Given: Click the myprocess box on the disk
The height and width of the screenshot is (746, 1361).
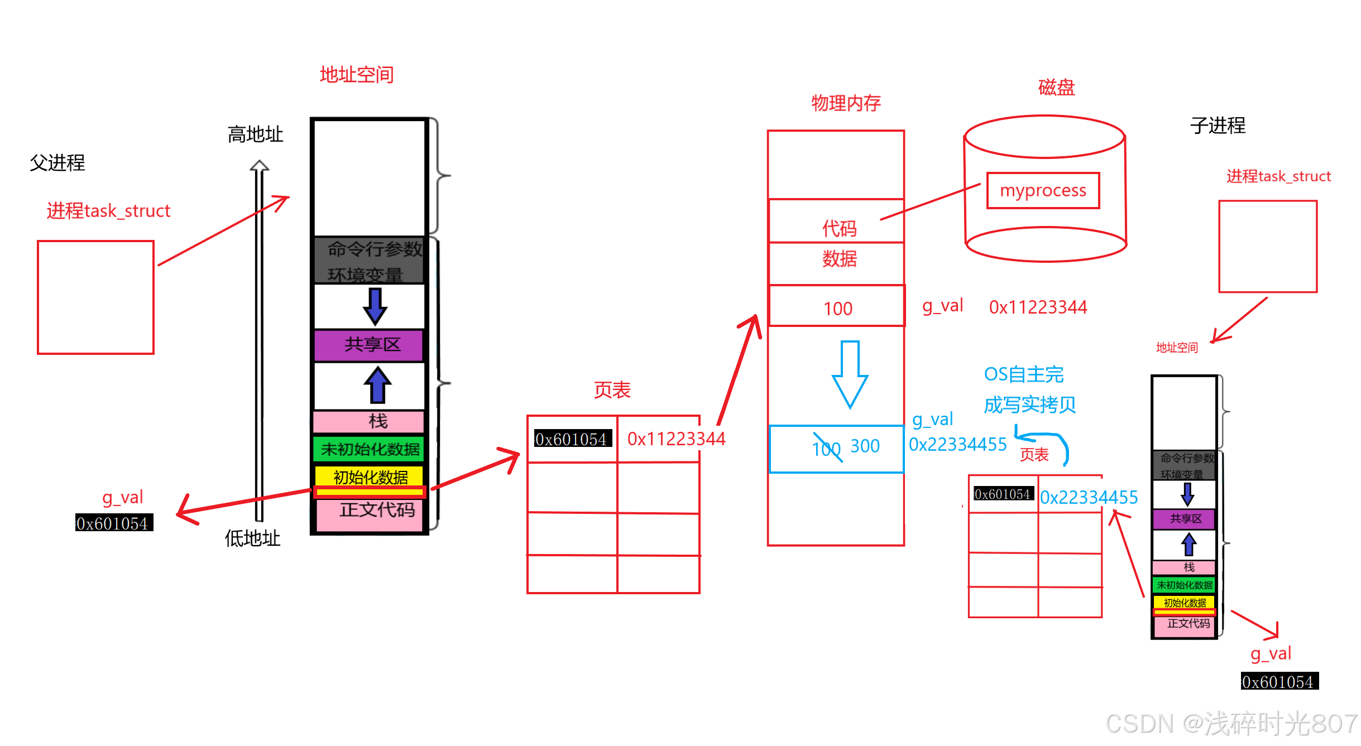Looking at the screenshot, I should coord(1043,191).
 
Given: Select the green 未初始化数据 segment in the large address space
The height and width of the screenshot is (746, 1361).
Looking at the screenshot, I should coord(370,449).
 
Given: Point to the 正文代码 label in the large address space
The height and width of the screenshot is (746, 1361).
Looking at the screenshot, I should coord(377,510).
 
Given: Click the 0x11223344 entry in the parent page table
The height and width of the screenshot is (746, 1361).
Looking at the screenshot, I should coord(675,439).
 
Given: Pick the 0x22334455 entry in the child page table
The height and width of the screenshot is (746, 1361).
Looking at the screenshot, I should coord(1089,497).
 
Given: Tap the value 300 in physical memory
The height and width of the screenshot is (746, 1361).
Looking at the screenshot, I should coord(865,446).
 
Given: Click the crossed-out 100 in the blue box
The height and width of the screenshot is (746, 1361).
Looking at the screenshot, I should coord(826,449).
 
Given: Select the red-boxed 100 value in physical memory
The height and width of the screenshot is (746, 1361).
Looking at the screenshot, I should coord(837,309).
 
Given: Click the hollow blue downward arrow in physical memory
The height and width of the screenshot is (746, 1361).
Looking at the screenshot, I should coord(850,374).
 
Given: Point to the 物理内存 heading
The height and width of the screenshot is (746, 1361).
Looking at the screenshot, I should coord(846,103).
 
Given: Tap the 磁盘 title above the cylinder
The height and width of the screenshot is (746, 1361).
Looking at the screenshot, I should coord(1056,88).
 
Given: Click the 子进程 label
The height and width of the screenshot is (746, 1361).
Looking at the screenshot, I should coord(1218,126).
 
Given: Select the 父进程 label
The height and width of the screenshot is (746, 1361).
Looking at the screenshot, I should coord(57,163).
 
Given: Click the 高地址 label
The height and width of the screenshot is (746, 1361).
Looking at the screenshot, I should coord(255,134).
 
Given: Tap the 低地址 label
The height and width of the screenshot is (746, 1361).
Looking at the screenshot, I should coord(252,538).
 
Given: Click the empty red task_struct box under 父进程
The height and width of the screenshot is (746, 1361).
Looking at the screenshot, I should coord(95,297).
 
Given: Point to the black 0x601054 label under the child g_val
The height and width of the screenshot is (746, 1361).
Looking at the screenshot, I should coord(1279,681).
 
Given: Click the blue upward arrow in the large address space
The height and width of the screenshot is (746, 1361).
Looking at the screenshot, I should coord(377,384).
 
